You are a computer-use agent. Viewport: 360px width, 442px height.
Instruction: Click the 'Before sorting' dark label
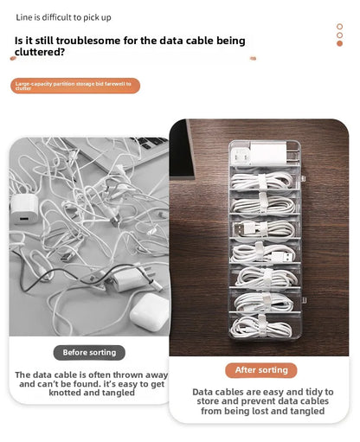click(x=89, y=352)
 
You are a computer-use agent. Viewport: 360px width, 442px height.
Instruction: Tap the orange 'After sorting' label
click(x=260, y=369)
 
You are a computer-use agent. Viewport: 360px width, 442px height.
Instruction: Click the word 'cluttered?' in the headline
click(x=41, y=52)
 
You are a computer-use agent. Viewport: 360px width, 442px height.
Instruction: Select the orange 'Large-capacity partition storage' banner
click(x=75, y=86)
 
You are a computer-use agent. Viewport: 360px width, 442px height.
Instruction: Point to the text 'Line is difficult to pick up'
click(x=63, y=17)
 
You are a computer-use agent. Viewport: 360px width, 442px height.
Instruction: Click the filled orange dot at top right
click(x=339, y=44)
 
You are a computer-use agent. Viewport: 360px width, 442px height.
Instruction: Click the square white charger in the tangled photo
click(x=24, y=207)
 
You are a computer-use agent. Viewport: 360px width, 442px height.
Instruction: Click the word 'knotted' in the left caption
click(x=36, y=393)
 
